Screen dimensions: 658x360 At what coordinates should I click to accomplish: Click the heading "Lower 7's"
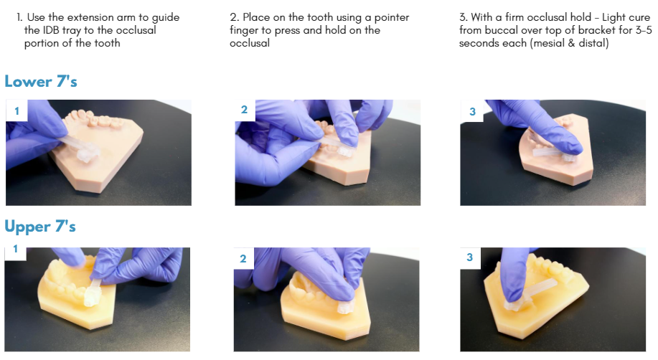(41, 82)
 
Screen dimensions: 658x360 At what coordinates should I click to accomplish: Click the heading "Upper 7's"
(40, 227)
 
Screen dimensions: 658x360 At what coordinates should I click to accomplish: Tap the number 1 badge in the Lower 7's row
(17, 110)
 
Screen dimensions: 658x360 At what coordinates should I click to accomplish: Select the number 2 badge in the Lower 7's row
(245, 110)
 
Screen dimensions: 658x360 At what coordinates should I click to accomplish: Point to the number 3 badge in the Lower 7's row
(473, 112)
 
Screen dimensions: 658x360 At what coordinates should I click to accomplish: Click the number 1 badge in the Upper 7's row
(16, 250)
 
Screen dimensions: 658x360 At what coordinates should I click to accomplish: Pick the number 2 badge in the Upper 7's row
(243, 258)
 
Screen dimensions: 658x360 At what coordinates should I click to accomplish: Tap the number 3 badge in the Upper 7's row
(470, 257)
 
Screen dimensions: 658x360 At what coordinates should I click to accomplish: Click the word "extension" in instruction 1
(90, 17)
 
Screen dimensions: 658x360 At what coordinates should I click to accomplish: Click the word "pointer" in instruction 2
(392, 18)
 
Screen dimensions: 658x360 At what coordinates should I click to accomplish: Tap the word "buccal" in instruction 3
(501, 30)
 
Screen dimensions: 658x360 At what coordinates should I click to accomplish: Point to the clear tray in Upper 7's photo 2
(346, 307)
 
